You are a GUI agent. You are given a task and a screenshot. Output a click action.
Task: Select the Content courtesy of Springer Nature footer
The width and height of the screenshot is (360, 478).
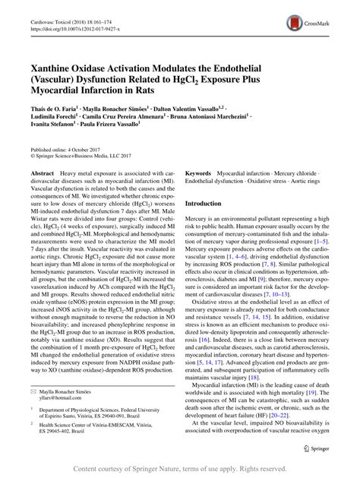tap(180, 468)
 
